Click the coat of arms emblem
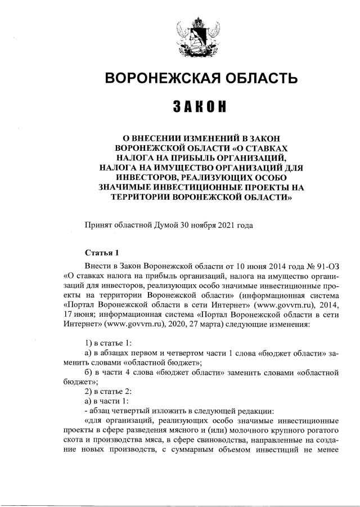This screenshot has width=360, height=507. (197, 39)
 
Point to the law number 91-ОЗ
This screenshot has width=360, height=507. (325, 264)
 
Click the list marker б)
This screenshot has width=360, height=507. (88, 372)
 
